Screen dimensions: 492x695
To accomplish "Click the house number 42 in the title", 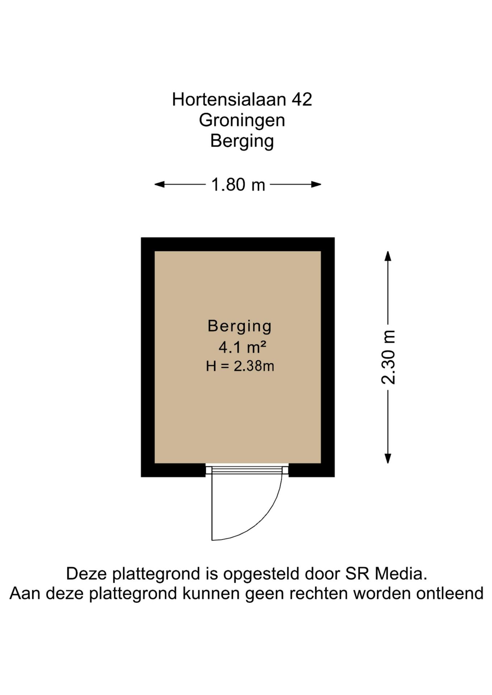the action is pyautogui.click(x=302, y=99).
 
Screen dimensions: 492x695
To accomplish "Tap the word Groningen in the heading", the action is pyautogui.click(x=242, y=120).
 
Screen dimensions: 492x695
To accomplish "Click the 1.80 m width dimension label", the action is pyautogui.click(x=238, y=185).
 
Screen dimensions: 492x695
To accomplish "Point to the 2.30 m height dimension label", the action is pyautogui.click(x=388, y=357).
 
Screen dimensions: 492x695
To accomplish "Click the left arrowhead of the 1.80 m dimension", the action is pyautogui.click(x=159, y=185).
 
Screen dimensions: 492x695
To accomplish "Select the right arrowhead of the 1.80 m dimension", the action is pyautogui.click(x=316, y=185).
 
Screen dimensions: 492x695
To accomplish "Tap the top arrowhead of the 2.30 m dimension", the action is pyautogui.click(x=388, y=256).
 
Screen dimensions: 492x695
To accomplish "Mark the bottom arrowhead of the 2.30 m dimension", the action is pyautogui.click(x=388, y=459).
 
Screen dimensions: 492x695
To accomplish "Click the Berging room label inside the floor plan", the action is pyautogui.click(x=239, y=326).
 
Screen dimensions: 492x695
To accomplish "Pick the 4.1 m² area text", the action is pyautogui.click(x=242, y=347).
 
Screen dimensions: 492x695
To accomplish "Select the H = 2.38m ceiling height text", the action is pyautogui.click(x=240, y=366).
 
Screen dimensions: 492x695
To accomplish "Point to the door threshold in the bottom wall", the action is pyautogui.click(x=247, y=469).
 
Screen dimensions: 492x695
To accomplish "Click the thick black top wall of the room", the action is pyautogui.click(x=238, y=244).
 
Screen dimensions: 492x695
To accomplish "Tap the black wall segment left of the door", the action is pyautogui.click(x=173, y=470).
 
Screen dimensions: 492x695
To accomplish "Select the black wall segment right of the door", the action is pyautogui.click(x=312, y=470).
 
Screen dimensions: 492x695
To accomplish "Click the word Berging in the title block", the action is pyautogui.click(x=242, y=141).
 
